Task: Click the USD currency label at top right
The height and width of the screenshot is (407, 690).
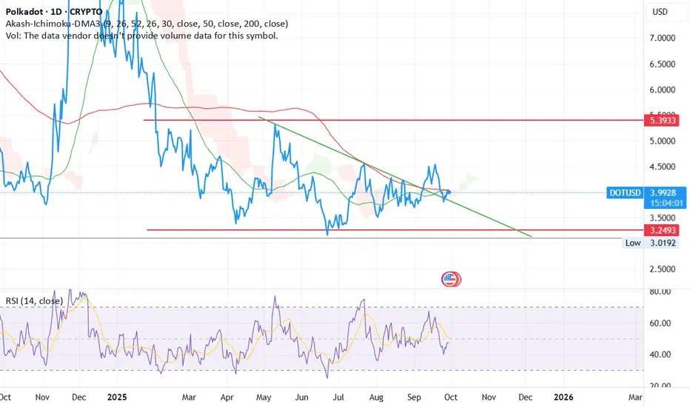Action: coord(660,13)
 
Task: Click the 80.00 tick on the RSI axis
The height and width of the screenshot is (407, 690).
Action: coord(660,292)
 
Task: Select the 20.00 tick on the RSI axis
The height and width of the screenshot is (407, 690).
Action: coord(660,386)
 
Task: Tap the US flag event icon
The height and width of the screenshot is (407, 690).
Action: coord(450,279)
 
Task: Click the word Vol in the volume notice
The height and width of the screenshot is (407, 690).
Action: coord(13,36)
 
